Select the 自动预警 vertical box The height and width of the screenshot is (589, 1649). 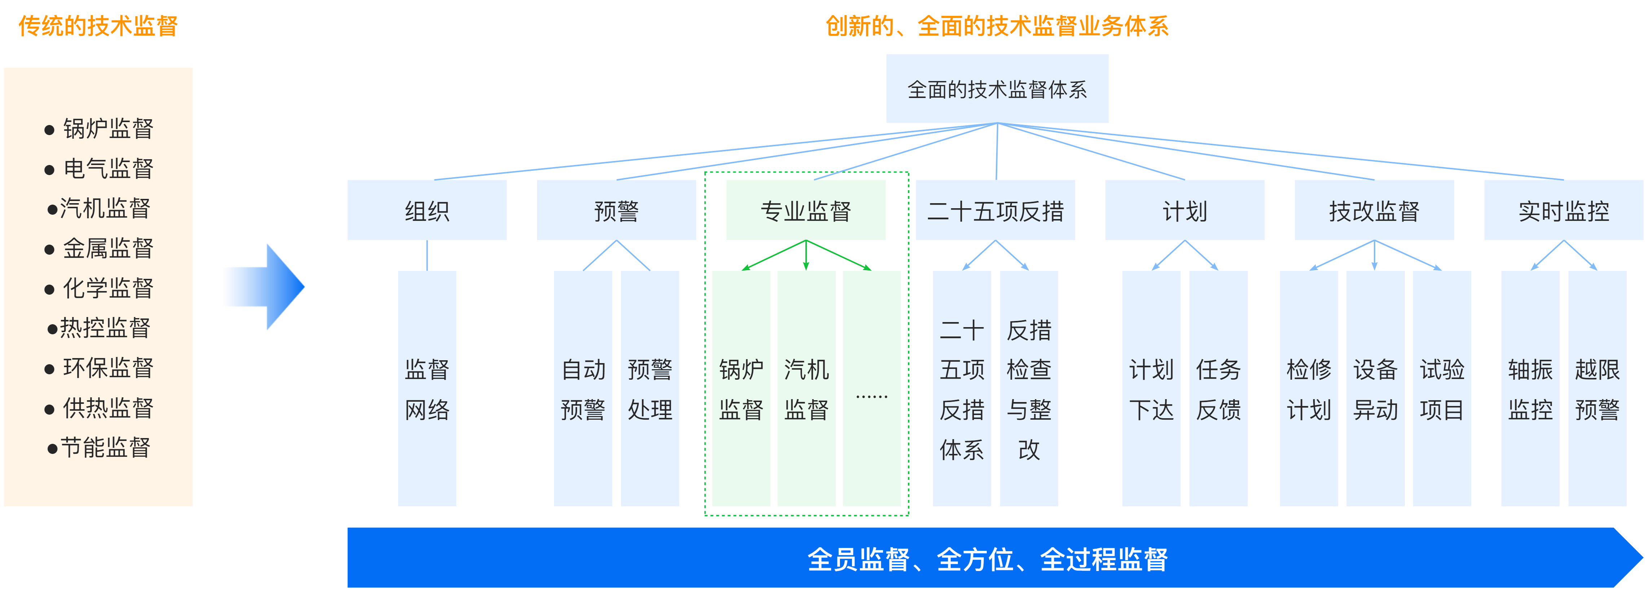tap(582, 388)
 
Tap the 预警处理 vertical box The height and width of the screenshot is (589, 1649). tap(650, 388)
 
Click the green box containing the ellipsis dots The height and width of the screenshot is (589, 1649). tap(871, 388)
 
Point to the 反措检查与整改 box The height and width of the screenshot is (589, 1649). tap(1029, 388)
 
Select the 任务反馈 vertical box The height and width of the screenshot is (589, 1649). tap(1218, 388)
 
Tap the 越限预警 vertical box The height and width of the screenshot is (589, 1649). tap(1597, 388)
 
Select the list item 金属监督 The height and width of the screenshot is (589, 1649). tap(107, 248)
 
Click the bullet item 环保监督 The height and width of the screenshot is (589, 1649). tap(107, 368)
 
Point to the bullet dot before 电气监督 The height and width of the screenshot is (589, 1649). tap(49, 170)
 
